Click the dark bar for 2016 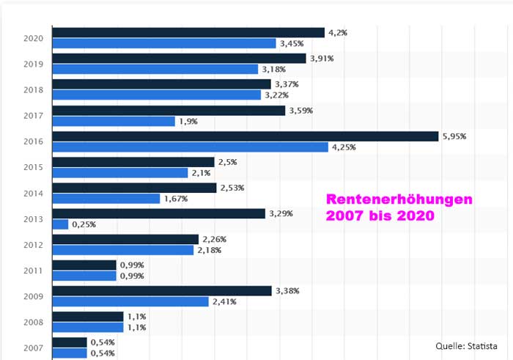coord(246,136)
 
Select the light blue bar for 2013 coord(61,224)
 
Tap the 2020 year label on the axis coord(33,38)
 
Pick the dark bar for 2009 coord(162,291)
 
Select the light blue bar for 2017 coord(114,121)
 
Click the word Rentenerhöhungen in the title coord(399,200)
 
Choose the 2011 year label coord(33,270)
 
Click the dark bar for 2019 coord(180,59)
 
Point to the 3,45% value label coord(292,43)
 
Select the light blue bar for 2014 coord(106,198)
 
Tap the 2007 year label coord(33,348)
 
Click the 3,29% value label coord(281,213)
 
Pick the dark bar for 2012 coord(126,239)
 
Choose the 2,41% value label coord(225,301)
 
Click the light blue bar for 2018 coord(157,95)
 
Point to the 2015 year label coord(33,167)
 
